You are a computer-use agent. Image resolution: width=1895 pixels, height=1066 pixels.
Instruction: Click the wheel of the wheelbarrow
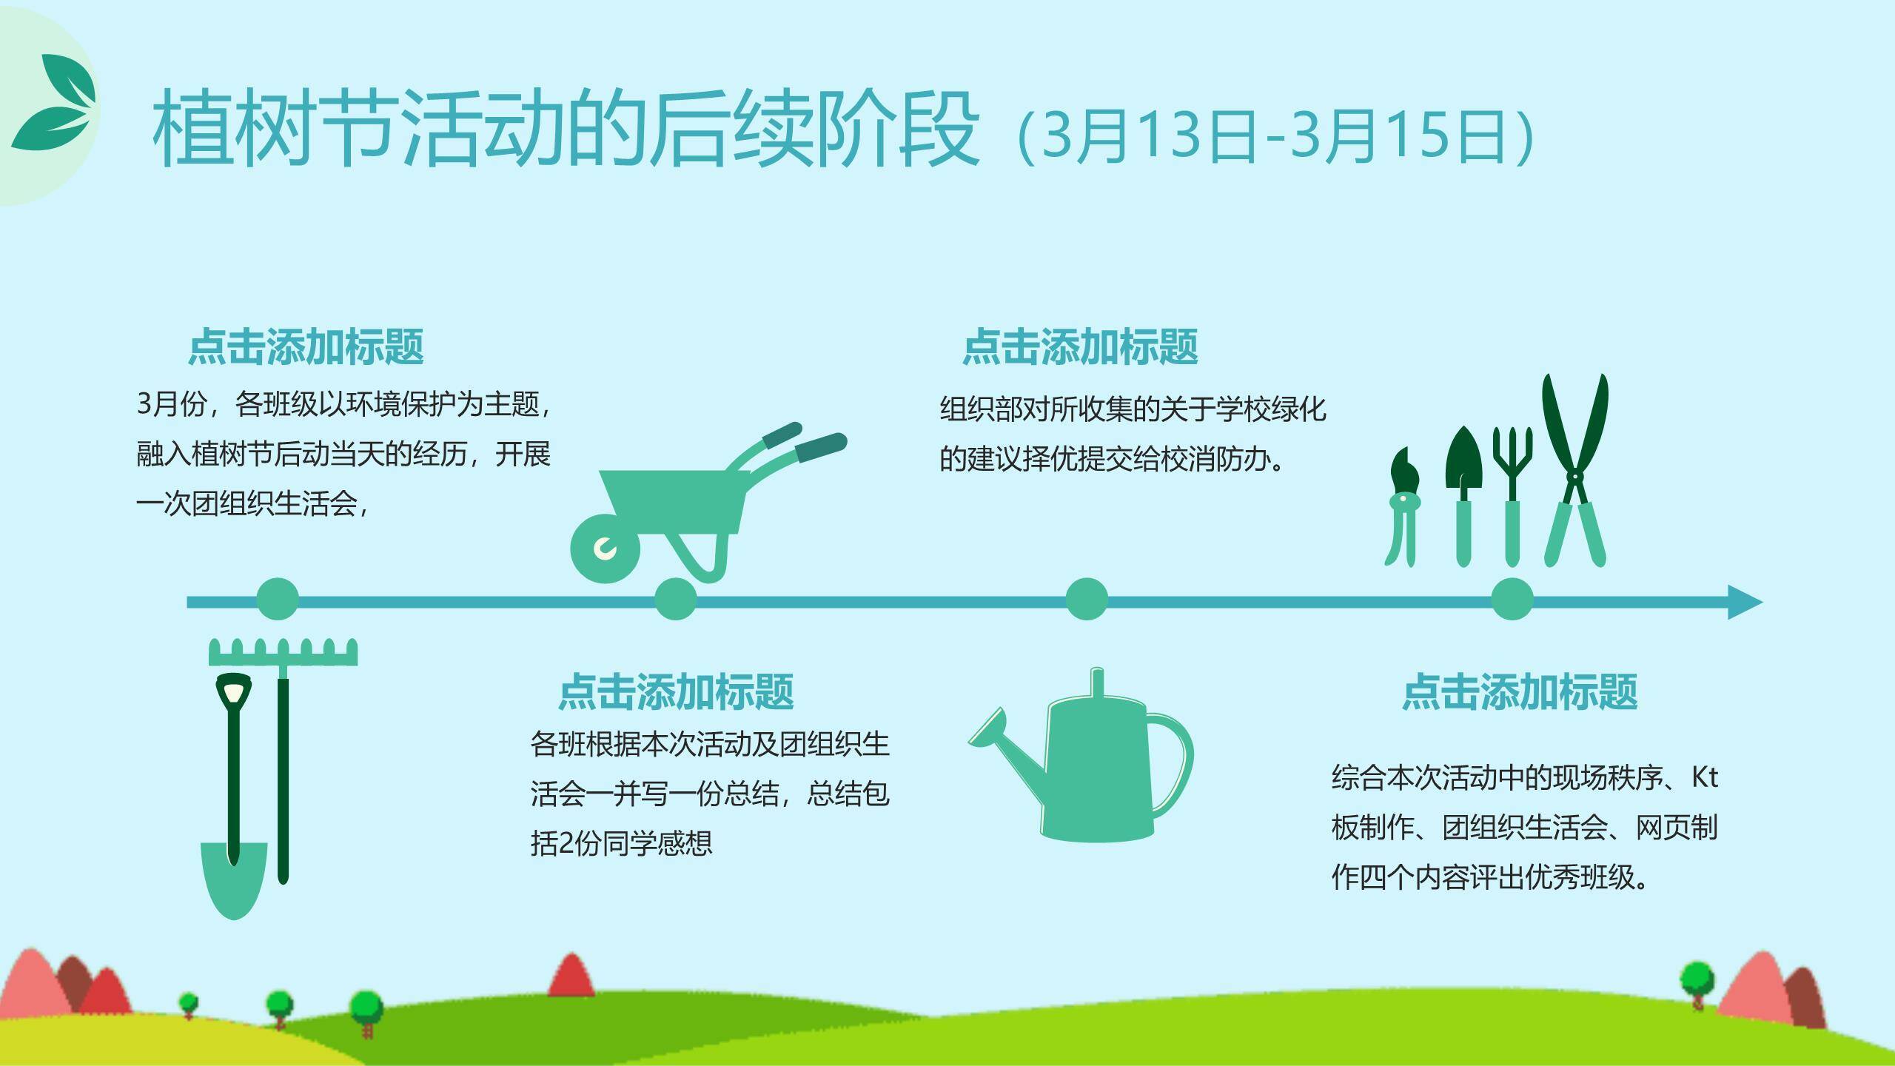click(x=605, y=549)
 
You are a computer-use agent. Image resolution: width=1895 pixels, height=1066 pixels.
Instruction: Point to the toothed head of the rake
click(x=284, y=651)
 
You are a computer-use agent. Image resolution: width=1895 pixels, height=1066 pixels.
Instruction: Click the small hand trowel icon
click(x=1463, y=496)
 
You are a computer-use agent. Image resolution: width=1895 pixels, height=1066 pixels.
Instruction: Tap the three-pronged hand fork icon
click(x=1512, y=496)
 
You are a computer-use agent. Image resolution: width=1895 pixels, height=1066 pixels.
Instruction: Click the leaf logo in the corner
click(x=54, y=103)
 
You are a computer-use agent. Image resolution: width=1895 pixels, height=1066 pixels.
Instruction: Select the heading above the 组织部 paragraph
click(x=1080, y=346)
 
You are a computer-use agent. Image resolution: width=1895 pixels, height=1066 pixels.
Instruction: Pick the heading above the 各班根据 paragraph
click(x=676, y=691)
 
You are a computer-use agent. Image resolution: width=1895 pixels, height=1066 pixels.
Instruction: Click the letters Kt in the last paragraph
click(x=1705, y=777)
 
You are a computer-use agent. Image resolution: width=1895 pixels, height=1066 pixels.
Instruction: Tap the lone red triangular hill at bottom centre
click(x=571, y=976)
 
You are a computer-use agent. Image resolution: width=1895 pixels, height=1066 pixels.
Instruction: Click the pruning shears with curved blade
click(x=1403, y=507)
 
